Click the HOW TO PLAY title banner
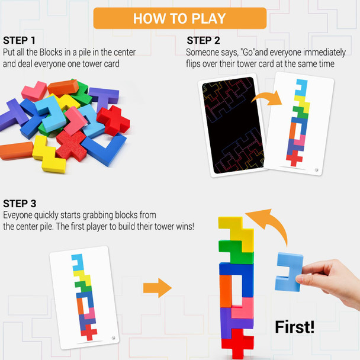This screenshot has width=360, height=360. point(179,18)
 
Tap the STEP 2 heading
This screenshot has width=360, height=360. point(203,40)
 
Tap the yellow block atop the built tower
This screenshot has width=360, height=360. point(234,230)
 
